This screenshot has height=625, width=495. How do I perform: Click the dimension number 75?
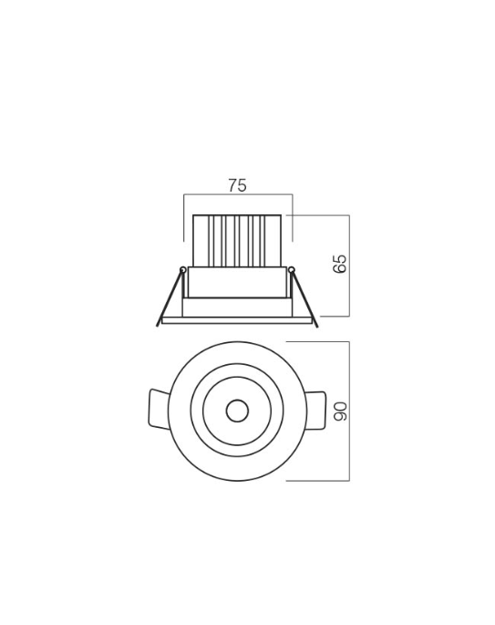point(237,185)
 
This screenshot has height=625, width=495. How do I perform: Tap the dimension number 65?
point(340,264)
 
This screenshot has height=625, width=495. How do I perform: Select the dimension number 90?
point(341,411)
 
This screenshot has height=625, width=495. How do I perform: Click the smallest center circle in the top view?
point(237,411)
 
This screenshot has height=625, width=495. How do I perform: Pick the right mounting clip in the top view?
point(316,411)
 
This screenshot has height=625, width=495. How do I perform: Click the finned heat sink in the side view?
point(237,241)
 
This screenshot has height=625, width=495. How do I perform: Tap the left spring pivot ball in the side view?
point(183,270)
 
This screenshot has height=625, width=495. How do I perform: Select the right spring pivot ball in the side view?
point(292,270)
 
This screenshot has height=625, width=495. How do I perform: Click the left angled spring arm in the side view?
point(170,297)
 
